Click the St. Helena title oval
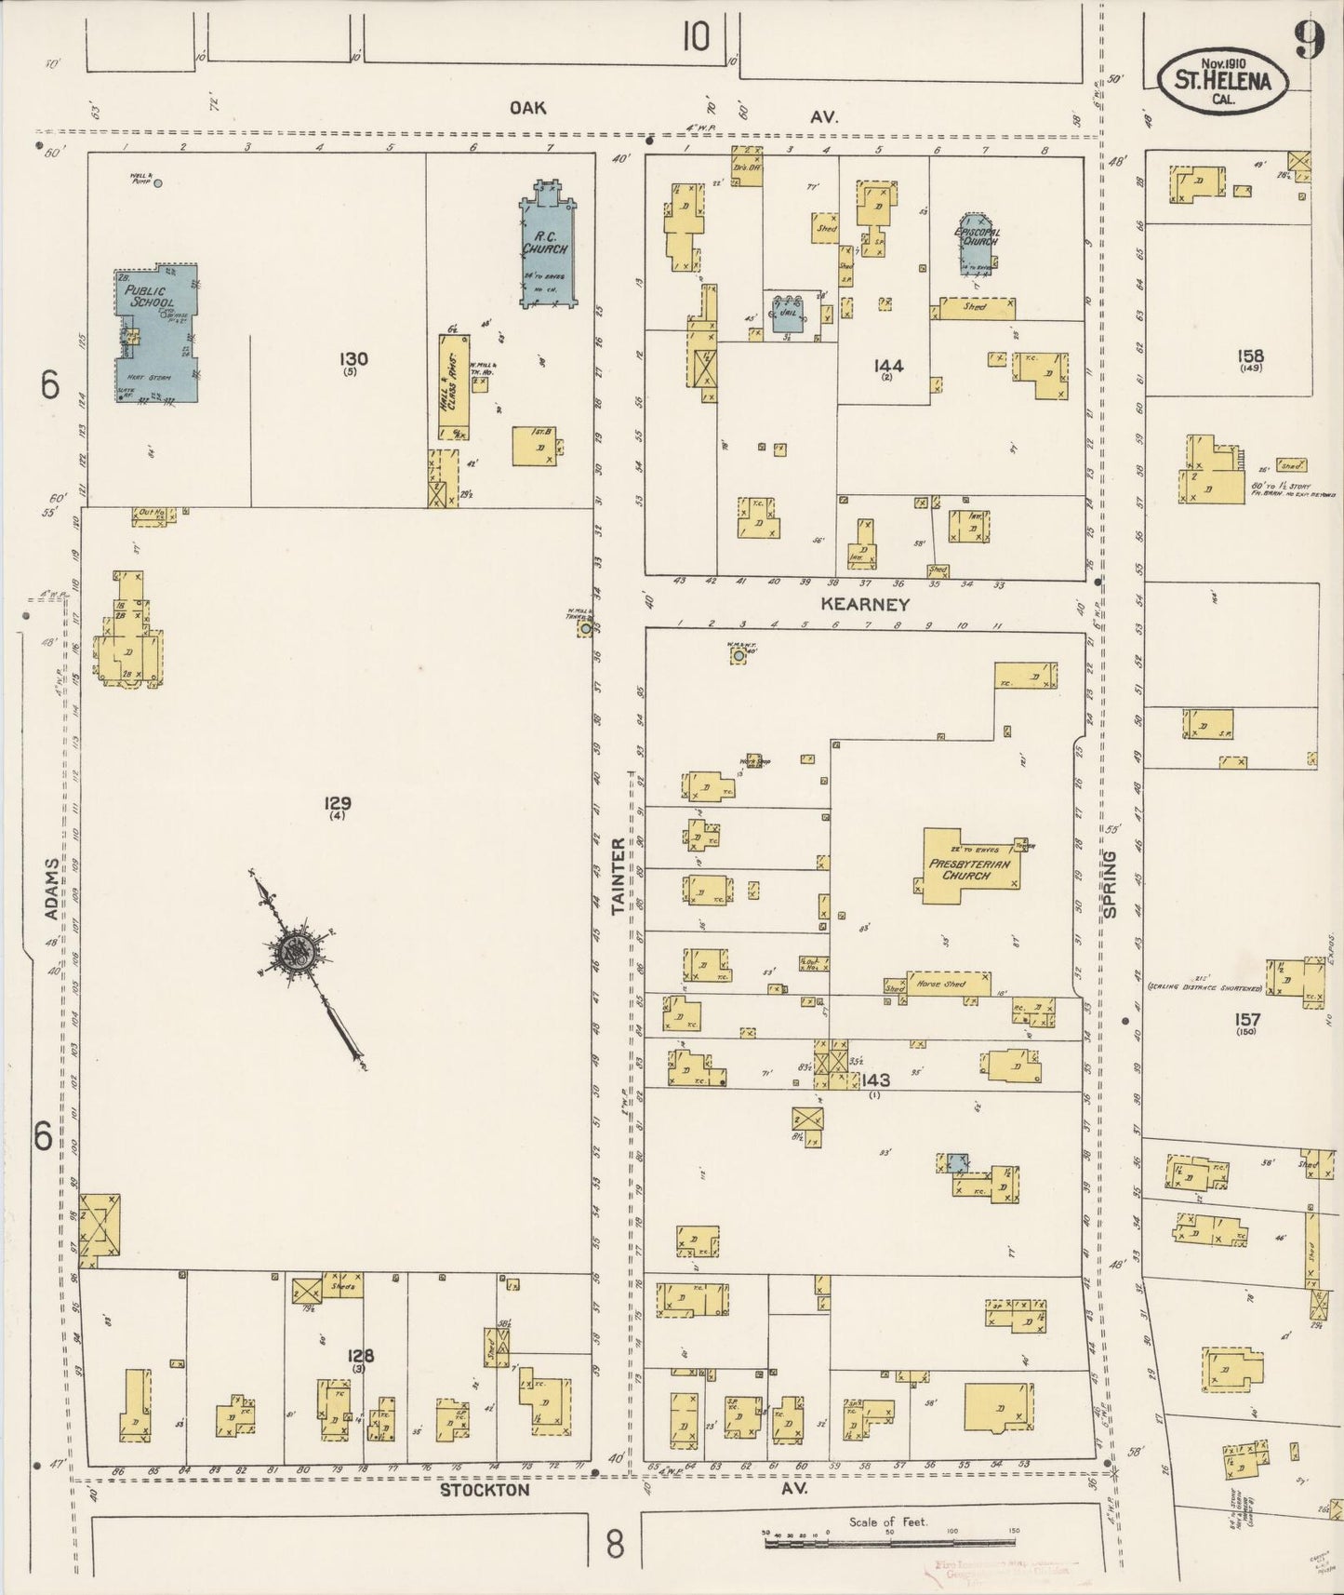click(1222, 81)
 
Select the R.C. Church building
click(546, 246)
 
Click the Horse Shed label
click(941, 984)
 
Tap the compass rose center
click(296, 951)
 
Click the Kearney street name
click(865, 604)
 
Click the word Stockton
click(485, 1490)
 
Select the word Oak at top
click(527, 108)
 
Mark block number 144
click(888, 366)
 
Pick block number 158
click(1250, 355)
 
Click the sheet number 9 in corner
click(1310, 40)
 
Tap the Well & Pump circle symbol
click(157, 183)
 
